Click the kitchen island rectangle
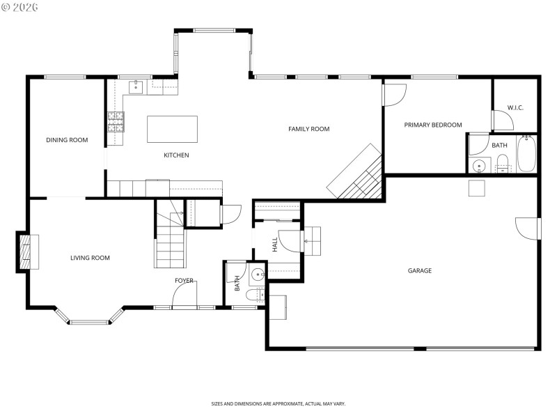(x=172, y=129)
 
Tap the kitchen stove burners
(x=115, y=123)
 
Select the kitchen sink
(x=135, y=86)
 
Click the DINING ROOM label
(x=67, y=140)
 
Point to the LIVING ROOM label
(x=90, y=258)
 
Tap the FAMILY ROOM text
(x=309, y=129)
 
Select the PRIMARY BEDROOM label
(x=433, y=125)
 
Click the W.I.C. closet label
(x=515, y=107)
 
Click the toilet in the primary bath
(x=503, y=165)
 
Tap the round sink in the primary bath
(x=478, y=166)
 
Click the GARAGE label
(x=420, y=270)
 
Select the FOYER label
(x=184, y=280)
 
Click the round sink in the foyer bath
(x=258, y=273)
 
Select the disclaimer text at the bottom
(x=278, y=403)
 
